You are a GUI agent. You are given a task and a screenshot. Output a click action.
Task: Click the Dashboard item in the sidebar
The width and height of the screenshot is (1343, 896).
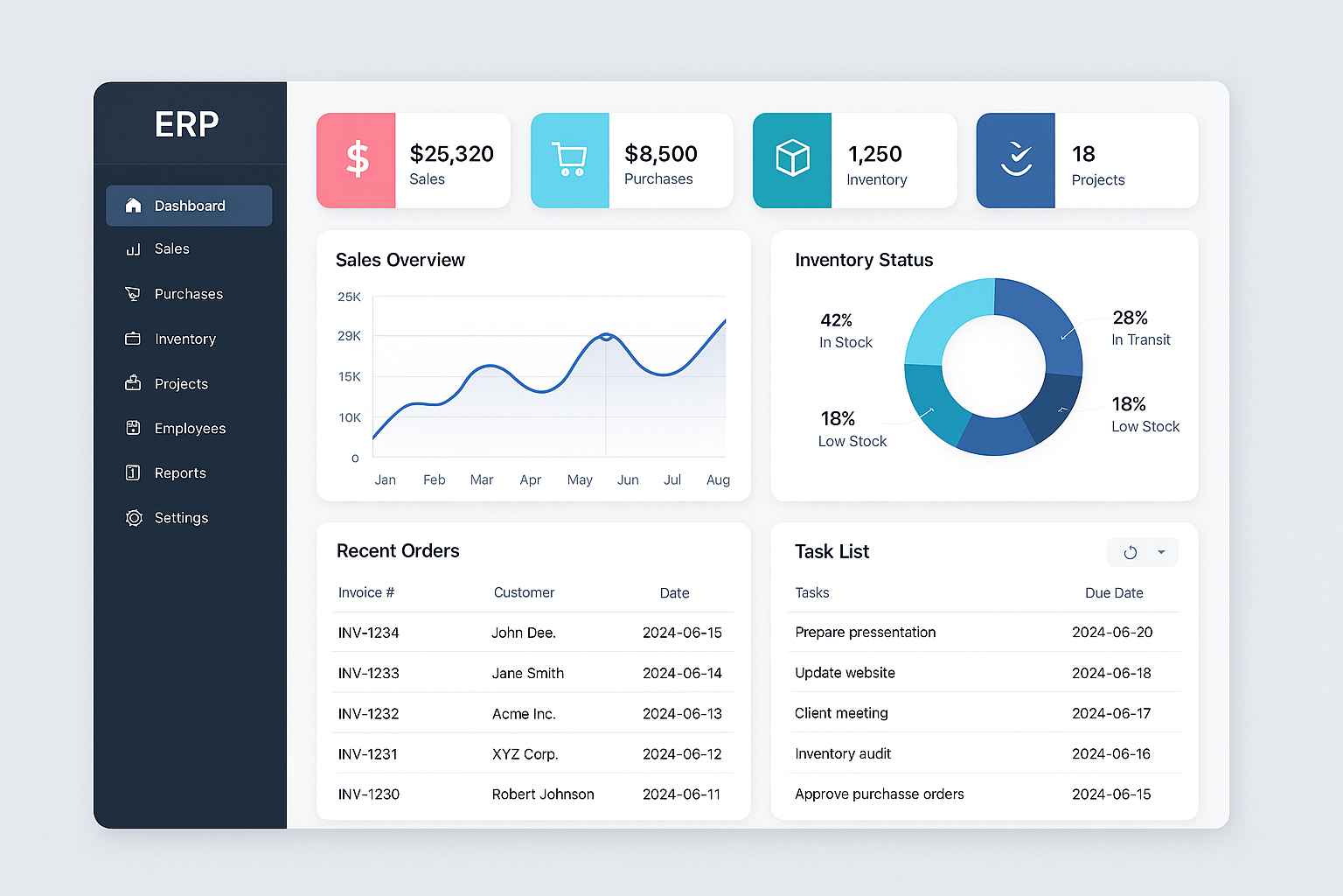click(189, 206)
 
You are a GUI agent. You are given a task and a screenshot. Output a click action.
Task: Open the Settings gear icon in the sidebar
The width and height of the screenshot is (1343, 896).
click(134, 518)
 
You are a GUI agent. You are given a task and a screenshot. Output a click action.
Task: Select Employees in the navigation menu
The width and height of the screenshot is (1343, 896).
click(190, 429)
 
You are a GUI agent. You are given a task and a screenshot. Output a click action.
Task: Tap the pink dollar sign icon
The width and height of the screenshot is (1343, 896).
click(357, 161)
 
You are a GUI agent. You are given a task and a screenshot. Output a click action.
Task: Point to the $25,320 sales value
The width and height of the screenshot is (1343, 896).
click(451, 154)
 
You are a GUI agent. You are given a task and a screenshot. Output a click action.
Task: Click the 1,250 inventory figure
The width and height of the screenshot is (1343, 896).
click(874, 154)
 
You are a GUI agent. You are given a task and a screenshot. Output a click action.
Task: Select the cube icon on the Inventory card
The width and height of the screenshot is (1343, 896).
click(792, 159)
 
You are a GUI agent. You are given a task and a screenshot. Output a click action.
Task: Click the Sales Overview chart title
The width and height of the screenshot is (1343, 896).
click(400, 260)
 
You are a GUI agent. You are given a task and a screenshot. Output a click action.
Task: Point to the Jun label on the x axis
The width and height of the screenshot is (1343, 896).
click(628, 480)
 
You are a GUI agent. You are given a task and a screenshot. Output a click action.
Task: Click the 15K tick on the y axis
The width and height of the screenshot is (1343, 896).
click(349, 377)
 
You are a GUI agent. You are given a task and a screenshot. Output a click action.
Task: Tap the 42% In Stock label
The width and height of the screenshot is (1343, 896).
click(845, 331)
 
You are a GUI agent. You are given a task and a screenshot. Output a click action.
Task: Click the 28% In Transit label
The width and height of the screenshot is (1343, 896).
click(1140, 328)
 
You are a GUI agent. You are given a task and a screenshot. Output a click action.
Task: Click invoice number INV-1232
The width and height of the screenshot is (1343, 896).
click(368, 714)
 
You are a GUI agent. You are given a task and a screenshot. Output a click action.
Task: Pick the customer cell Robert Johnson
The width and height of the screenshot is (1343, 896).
click(543, 794)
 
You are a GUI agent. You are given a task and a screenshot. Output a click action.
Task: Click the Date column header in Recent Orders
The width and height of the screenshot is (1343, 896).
click(674, 593)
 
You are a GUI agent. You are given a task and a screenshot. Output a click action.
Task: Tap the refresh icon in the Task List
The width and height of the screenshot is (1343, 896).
click(1130, 552)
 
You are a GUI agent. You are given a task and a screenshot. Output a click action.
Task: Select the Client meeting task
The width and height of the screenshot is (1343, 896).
click(841, 713)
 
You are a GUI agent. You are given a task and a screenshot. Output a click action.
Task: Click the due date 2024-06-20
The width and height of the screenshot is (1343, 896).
click(1112, 633)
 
